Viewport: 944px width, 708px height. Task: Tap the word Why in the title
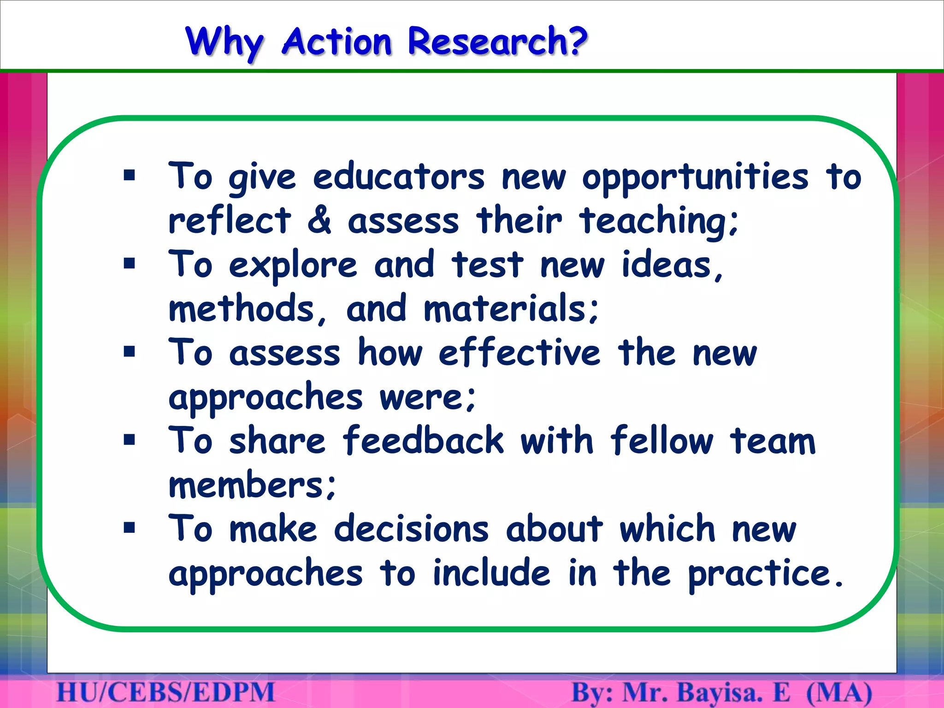(x=224, y=42)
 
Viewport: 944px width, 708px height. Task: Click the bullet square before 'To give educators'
(x=130, y=175)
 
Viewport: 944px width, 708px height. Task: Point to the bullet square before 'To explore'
(x=130, y=264)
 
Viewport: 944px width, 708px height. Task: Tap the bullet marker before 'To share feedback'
(x=130, y=440)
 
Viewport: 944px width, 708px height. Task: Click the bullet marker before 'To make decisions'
(x=130, y=527)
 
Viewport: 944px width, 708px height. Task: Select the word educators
(x=399, y=177)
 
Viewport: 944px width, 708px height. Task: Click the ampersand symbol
(x=319, y=220)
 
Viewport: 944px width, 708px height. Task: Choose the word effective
(x=519, y=353)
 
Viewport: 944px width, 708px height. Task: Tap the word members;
(x=253, y=485)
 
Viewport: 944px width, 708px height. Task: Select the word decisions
(x=411, y=529)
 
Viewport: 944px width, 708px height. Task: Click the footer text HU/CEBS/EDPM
(x=165, y=693)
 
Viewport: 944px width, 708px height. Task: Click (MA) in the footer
(x=839, y=693)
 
